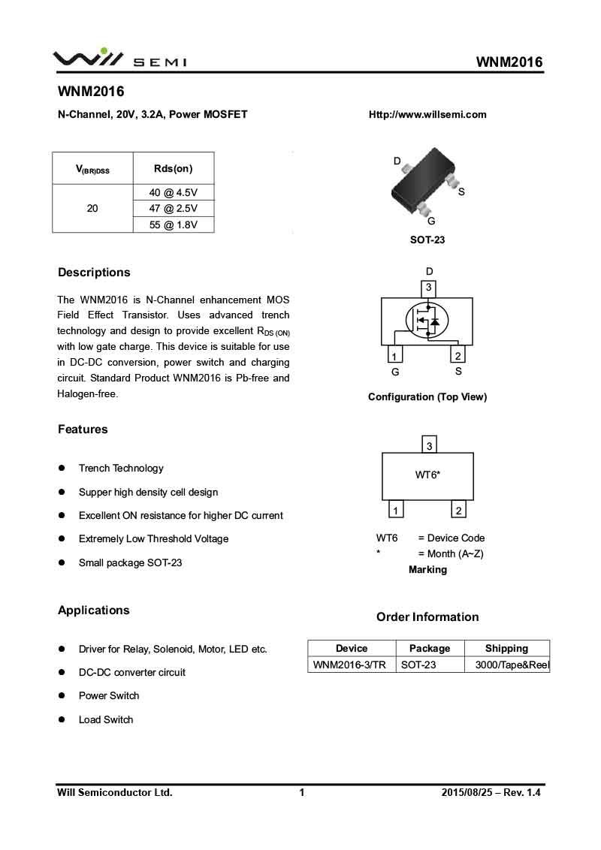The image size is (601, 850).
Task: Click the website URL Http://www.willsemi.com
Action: point(427,115)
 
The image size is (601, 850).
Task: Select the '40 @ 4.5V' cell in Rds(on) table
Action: point(173,192)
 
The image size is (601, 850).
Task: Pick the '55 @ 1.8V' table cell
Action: point(173,225)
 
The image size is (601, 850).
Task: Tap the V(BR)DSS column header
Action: point(92,170)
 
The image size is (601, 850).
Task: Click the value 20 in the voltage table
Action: point(92,208)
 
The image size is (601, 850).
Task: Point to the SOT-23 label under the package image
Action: point(427,240)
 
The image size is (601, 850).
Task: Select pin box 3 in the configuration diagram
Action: point(428,288)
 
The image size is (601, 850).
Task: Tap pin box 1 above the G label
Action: point(394,356)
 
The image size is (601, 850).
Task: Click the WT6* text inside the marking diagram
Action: point(427,475)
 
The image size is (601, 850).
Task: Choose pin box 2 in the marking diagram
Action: point(458,511)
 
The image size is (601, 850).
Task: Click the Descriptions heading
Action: point(94,273)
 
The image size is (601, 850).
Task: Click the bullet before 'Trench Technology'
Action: point(62,469)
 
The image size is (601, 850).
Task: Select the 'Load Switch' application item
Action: point(106,719)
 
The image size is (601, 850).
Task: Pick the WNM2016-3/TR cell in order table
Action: point(349,665)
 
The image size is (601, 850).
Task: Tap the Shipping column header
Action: point(506,648)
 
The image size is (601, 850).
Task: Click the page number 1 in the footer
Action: point(302,792)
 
